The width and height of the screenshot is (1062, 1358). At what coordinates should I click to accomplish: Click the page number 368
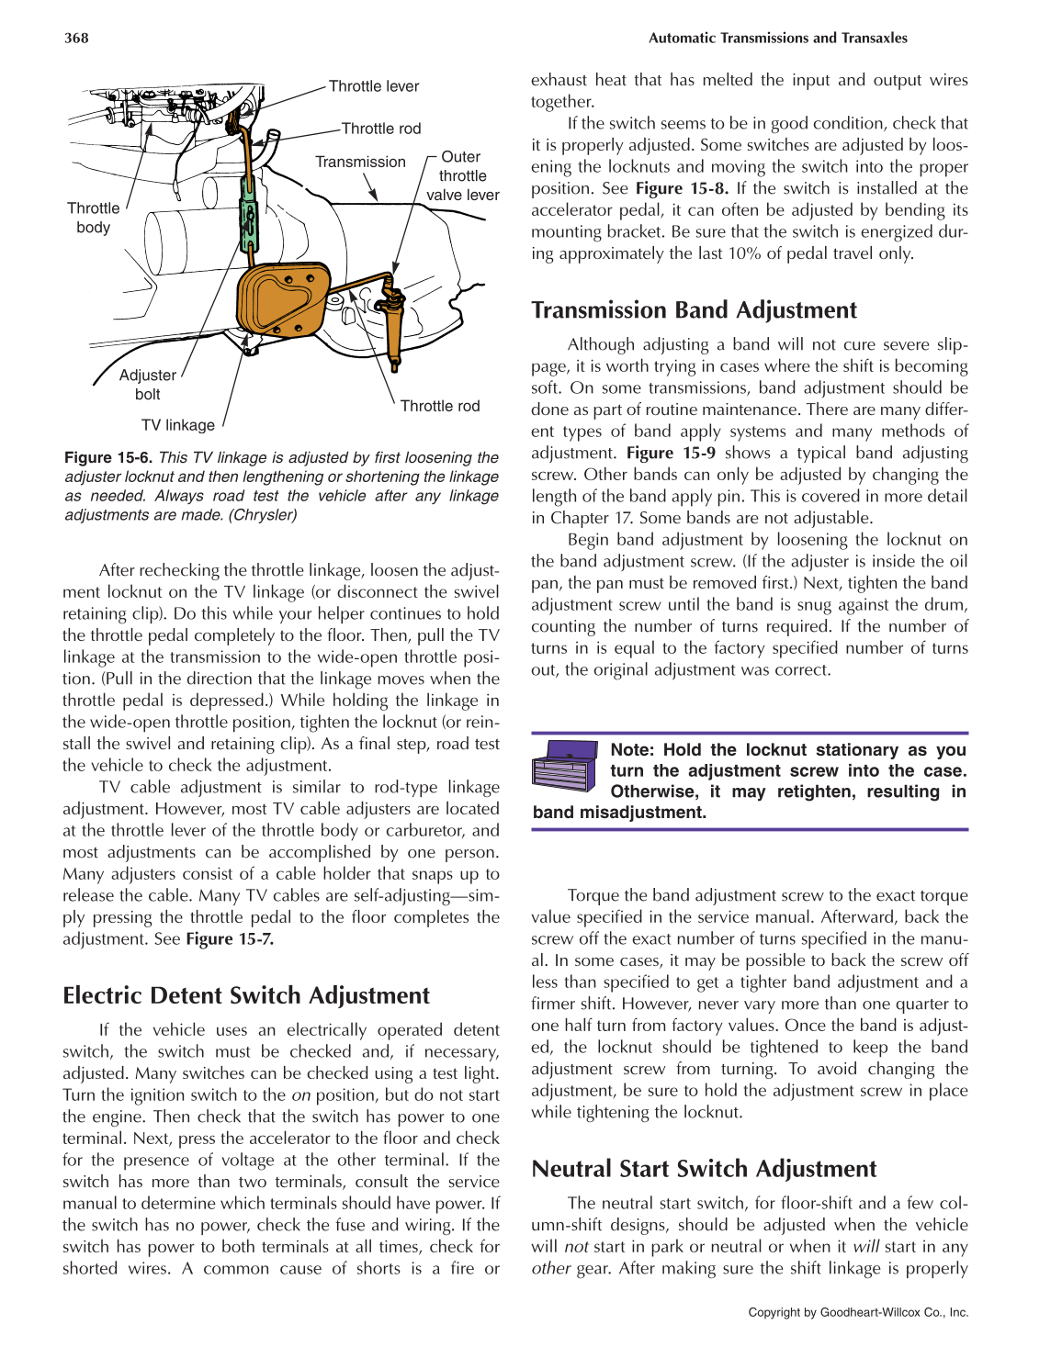tap(76, 38)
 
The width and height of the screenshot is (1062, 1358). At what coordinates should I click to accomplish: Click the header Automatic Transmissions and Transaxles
tap(777, 38)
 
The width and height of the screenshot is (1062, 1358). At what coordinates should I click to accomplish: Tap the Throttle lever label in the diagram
tap(373, 86)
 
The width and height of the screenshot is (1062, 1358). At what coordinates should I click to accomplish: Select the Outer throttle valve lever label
tap(462, 175)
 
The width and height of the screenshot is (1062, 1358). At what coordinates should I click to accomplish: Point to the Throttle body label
tap(93, 218)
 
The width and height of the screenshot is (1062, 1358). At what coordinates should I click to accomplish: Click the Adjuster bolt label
tap(147, 385)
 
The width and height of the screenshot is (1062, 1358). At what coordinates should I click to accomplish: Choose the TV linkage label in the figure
tap(177, 425)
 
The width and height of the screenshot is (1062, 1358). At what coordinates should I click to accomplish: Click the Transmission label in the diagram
tap(360, 162)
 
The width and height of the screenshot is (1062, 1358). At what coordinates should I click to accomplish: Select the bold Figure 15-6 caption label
tap(109, 457)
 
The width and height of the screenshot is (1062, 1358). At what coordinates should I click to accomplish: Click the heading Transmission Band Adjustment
tap(694, 310)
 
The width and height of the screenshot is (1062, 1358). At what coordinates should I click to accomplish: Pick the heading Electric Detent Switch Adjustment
tap(246, 996)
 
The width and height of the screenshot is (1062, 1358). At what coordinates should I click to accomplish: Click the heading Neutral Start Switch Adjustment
tap(704, 1169)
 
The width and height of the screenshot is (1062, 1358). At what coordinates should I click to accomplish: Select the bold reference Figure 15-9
tap(671, 453)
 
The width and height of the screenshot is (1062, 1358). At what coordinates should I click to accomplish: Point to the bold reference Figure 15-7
tap(230, 938)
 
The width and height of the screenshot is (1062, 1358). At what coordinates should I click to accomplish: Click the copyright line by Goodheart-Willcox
tap(858, 1312)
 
